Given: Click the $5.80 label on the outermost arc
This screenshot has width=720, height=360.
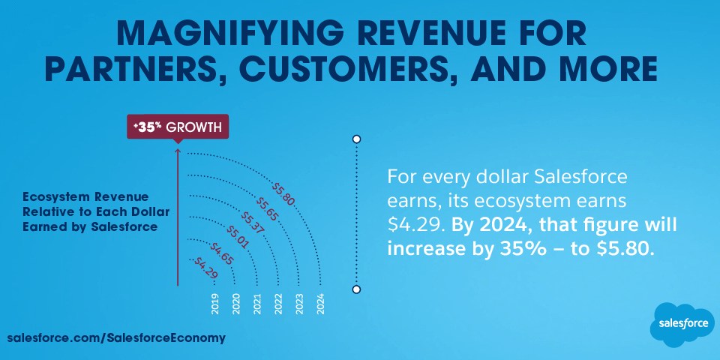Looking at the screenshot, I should coord(283,193).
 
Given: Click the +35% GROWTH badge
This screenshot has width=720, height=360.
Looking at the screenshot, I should coord(177,127).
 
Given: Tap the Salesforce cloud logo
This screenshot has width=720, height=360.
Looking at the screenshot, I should coord(682,324).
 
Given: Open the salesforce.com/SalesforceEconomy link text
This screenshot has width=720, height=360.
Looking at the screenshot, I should coord(116,337).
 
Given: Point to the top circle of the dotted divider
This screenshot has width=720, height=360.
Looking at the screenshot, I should coord(357,139).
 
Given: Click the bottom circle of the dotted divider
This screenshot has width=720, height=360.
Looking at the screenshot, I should coord(357,289).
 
